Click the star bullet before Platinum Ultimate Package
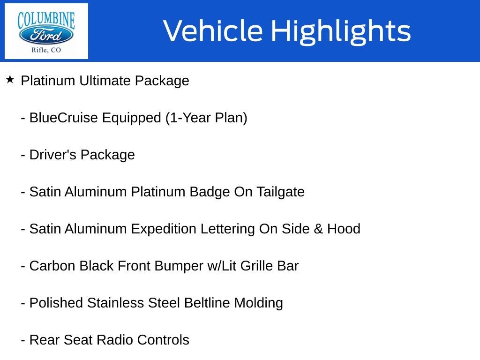[10, 80]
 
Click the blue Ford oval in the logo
[46, 36]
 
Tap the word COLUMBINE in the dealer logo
[46, 19]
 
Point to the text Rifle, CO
[46, 50]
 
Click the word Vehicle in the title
[213, 31]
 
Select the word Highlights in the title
[341, 31]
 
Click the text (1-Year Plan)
[206, 118]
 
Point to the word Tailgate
[280, 192]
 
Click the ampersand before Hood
[318, 229]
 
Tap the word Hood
[344, 229]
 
